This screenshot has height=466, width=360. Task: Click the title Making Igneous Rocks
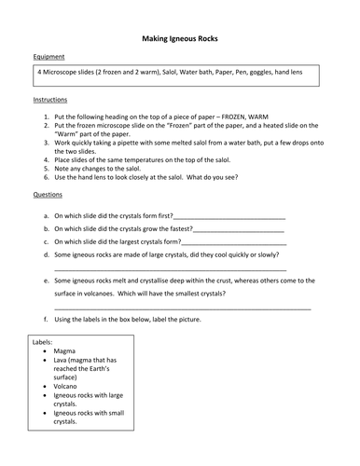coord(180,40)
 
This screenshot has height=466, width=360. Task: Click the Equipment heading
coord(49,58)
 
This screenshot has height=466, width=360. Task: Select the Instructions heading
coord(51,100)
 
